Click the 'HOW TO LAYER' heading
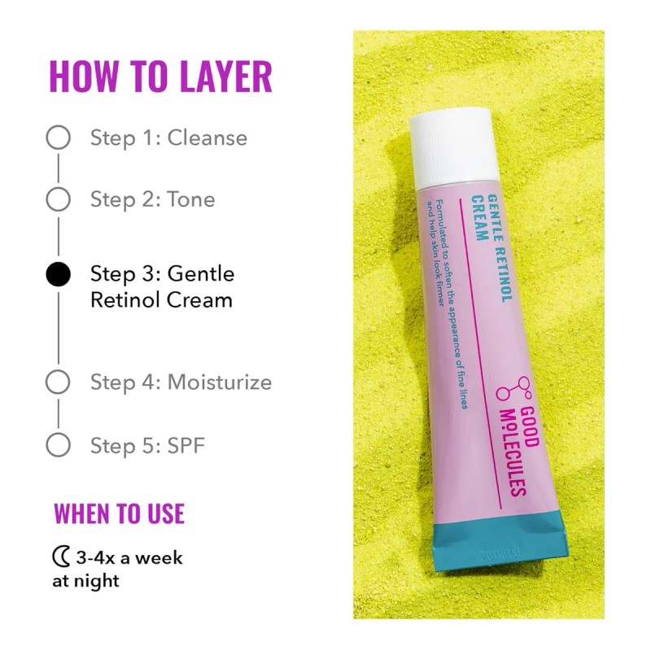pos(160,76)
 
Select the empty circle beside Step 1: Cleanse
pos(58,137)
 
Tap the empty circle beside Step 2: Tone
pos(58,199)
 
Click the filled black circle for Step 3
pos(58,274)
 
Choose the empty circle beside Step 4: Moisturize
pos(58,382)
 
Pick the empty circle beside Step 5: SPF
pos(58,444)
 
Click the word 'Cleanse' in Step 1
pos(207,137)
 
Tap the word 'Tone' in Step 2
pos(190,199)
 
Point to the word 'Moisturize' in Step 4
pos(219,382)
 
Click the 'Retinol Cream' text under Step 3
pos(161,299)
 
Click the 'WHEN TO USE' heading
pos(119,513)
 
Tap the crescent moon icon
pos(59,558)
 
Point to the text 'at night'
pos(85,581)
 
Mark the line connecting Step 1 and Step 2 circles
pos(58,168)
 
